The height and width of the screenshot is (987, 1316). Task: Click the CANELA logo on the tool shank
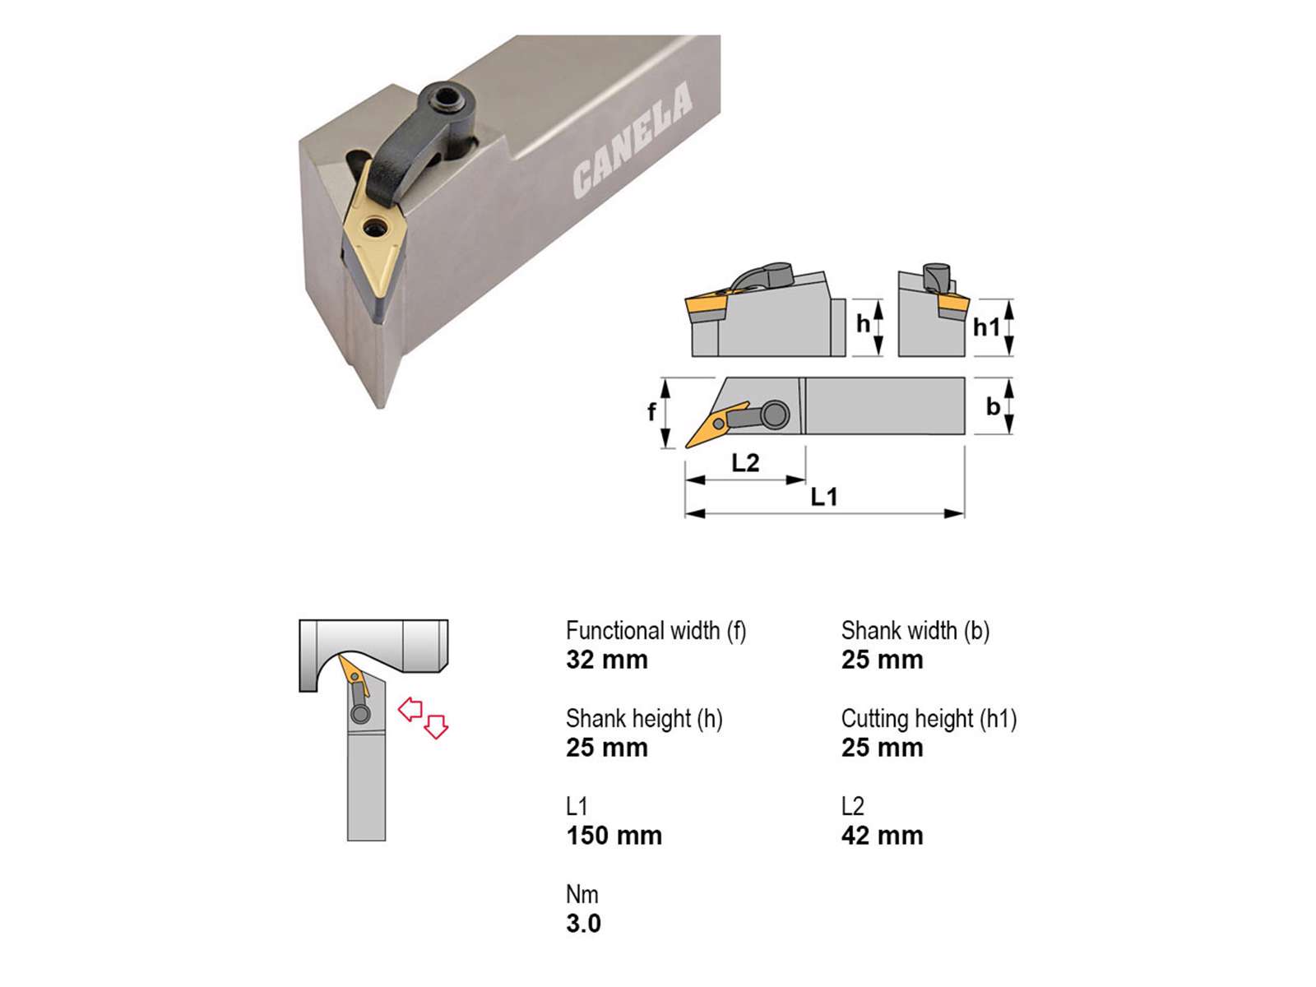pos(633,141)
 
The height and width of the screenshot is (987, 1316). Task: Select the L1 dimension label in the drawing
pos(824,496)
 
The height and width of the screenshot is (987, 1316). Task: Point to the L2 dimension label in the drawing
pos(745,462)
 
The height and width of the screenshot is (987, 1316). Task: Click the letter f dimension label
pos(651,412)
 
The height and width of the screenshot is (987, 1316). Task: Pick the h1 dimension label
pos(986,327)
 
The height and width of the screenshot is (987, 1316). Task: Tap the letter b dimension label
pos(993,407)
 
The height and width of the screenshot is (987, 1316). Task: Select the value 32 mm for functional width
pos(607,660)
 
